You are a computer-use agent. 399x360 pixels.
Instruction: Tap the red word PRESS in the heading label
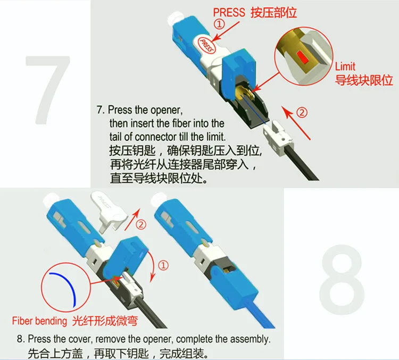point(229,12)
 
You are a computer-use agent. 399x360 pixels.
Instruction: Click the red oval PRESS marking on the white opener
point(206,45)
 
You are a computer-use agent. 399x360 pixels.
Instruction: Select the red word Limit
point(345,66)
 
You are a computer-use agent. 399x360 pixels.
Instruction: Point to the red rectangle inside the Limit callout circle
point(302,57)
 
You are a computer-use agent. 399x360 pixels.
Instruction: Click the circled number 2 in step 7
point(302,112)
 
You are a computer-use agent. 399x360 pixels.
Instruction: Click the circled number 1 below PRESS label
point(219,24)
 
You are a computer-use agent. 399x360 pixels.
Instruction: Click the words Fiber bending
point(39,321)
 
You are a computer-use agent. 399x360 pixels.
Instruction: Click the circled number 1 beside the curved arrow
point(163,265)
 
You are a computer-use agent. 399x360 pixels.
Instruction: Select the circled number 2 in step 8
point(141,224)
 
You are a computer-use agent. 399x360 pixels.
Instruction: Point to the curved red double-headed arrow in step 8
point(154,265)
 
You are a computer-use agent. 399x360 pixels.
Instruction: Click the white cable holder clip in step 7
point(278,135)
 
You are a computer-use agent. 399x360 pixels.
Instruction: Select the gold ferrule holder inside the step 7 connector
point(244,94)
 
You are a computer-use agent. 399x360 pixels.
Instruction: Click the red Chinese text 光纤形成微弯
point(105,321)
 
